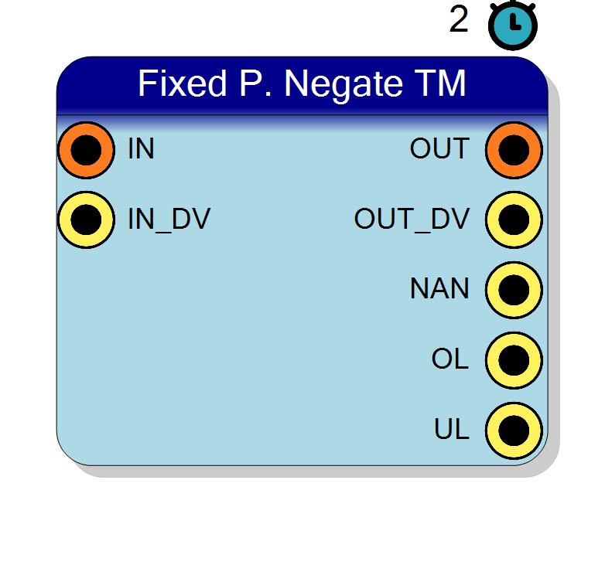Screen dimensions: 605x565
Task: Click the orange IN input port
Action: [x=86, y=150]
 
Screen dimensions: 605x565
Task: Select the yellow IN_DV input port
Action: [x=86, y=220]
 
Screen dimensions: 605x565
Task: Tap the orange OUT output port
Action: [x=514, y=150]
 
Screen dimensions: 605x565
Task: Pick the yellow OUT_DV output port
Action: [x=514, y=220]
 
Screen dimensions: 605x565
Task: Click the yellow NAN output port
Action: [x=514, y=290]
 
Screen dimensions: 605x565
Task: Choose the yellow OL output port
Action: [x=514, y=360]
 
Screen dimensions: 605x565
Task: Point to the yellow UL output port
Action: [x=514, y=431]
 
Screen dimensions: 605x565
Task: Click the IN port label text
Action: [x=141, y=148]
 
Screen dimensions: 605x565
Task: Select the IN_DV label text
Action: [x=169, y=220]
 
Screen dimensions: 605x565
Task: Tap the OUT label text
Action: [x=439, y=148]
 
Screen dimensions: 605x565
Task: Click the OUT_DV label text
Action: [x=412, y=220]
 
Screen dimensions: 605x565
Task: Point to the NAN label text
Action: [x=440, y=288]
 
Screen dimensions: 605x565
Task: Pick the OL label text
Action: [x=450, y=359]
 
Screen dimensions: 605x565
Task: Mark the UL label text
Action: [x=452, y=429]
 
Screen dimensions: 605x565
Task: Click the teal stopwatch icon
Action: [x=513, y=25]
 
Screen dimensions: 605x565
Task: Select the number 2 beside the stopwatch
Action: [x=459, y=19]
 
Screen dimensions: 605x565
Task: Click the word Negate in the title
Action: [x=344, y=84]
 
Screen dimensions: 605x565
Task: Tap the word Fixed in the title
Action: [x=182, y=83]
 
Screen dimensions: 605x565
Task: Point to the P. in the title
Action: [x=255, y=83]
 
